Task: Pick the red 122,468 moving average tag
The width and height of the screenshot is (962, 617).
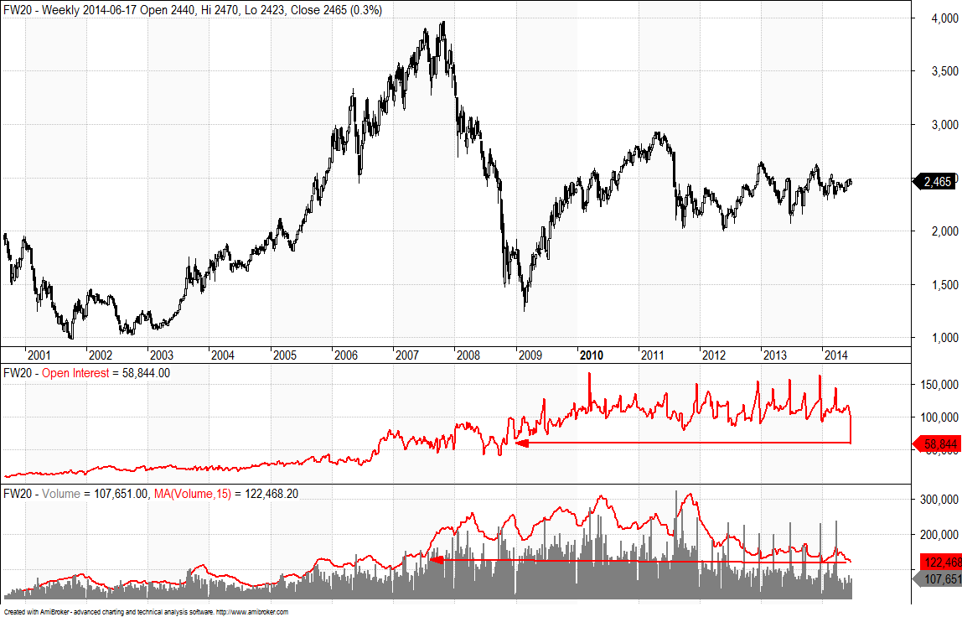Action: tap(940, 562)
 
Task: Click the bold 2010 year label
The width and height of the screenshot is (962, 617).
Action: tap(592, 355)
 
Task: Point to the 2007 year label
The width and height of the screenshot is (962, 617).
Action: tap(406, 355)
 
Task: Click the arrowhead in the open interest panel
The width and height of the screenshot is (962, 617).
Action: tap(520, 443)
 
